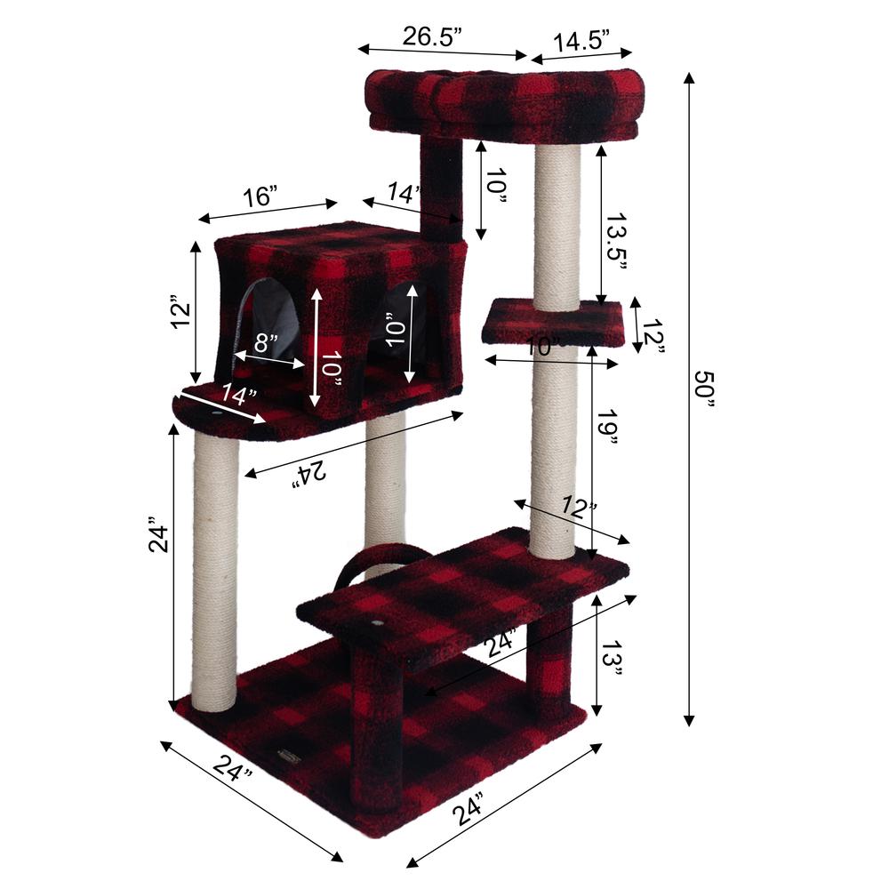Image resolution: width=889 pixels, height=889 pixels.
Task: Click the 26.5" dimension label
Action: (434, 37)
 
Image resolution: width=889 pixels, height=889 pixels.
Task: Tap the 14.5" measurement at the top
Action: (581, 41)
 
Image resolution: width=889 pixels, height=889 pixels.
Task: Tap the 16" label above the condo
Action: (260, 196)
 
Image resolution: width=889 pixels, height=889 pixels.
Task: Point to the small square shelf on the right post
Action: (551, 322)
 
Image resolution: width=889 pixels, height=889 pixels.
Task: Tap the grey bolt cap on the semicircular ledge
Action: (218, 414)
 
